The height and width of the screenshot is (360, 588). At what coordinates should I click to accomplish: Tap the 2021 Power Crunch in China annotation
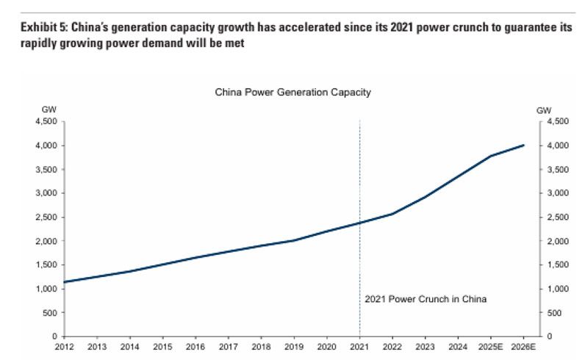point(426,300)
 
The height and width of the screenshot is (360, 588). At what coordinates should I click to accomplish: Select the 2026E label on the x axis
point(524,345)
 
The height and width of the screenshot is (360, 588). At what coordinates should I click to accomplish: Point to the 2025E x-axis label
point(491,345)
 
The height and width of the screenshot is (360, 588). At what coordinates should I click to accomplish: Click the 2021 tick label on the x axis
point(359,345)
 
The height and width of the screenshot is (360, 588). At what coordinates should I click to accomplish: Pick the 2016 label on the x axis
point(196,345)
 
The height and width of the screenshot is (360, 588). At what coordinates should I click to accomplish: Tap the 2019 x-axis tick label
point(294,345)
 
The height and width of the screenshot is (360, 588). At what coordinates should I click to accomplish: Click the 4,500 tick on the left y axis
point(46,122)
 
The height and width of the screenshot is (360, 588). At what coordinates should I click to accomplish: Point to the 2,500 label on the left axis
point(46,217)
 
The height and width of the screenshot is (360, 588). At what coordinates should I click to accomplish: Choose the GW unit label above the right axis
point(545,110)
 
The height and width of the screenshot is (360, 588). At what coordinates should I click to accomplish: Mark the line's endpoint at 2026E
point(524,145)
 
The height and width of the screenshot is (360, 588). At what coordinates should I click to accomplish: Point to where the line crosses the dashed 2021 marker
point(359,223)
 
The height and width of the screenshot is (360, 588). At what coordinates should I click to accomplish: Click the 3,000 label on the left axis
point(46,193)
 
